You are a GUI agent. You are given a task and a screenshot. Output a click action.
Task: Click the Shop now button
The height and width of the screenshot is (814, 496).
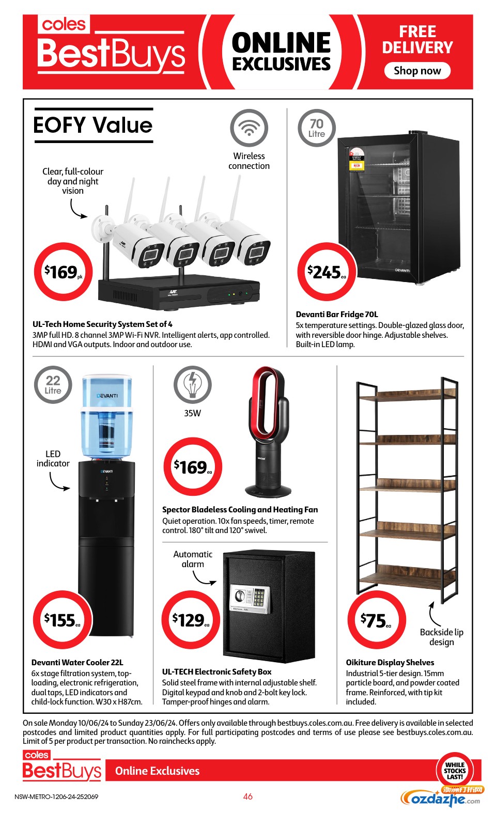click(417, 70)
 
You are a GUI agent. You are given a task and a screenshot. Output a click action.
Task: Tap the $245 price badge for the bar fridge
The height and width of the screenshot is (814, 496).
click(327, 272)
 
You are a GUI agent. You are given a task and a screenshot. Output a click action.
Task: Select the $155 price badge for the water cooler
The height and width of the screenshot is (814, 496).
click(63, 620)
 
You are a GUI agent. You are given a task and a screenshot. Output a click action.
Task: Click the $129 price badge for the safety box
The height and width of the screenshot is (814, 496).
click(191, 620)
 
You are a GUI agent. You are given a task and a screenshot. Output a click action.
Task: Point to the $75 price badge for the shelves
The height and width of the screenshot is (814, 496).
click(376, 620)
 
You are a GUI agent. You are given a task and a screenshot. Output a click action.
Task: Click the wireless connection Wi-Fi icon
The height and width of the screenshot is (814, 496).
click(249, 128)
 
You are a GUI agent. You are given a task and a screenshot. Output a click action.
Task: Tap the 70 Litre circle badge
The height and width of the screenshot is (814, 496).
click(317, 128)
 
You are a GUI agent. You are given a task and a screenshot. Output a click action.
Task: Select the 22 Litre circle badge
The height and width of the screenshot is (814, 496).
click(53, 384)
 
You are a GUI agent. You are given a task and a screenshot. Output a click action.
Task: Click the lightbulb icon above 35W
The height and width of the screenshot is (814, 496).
click(192, 384)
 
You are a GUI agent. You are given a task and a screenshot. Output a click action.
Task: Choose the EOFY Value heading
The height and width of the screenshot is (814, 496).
click(93, 125)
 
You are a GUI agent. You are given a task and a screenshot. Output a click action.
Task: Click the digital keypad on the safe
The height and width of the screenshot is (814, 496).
click(259, 597)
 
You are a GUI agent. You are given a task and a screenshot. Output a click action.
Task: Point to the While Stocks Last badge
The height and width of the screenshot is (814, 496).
click(455, 771)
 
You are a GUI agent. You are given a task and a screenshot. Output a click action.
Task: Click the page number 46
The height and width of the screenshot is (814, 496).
click(247, 796)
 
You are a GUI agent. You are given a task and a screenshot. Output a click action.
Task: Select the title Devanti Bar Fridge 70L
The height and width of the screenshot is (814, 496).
click(337, 315)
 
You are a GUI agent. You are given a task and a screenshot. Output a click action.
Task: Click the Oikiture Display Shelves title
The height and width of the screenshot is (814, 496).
click(390, 662)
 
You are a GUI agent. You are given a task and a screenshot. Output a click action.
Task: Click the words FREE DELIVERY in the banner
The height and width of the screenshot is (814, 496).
click(417, 40)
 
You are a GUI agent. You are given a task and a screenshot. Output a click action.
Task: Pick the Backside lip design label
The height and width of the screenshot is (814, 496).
click(441, 637)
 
